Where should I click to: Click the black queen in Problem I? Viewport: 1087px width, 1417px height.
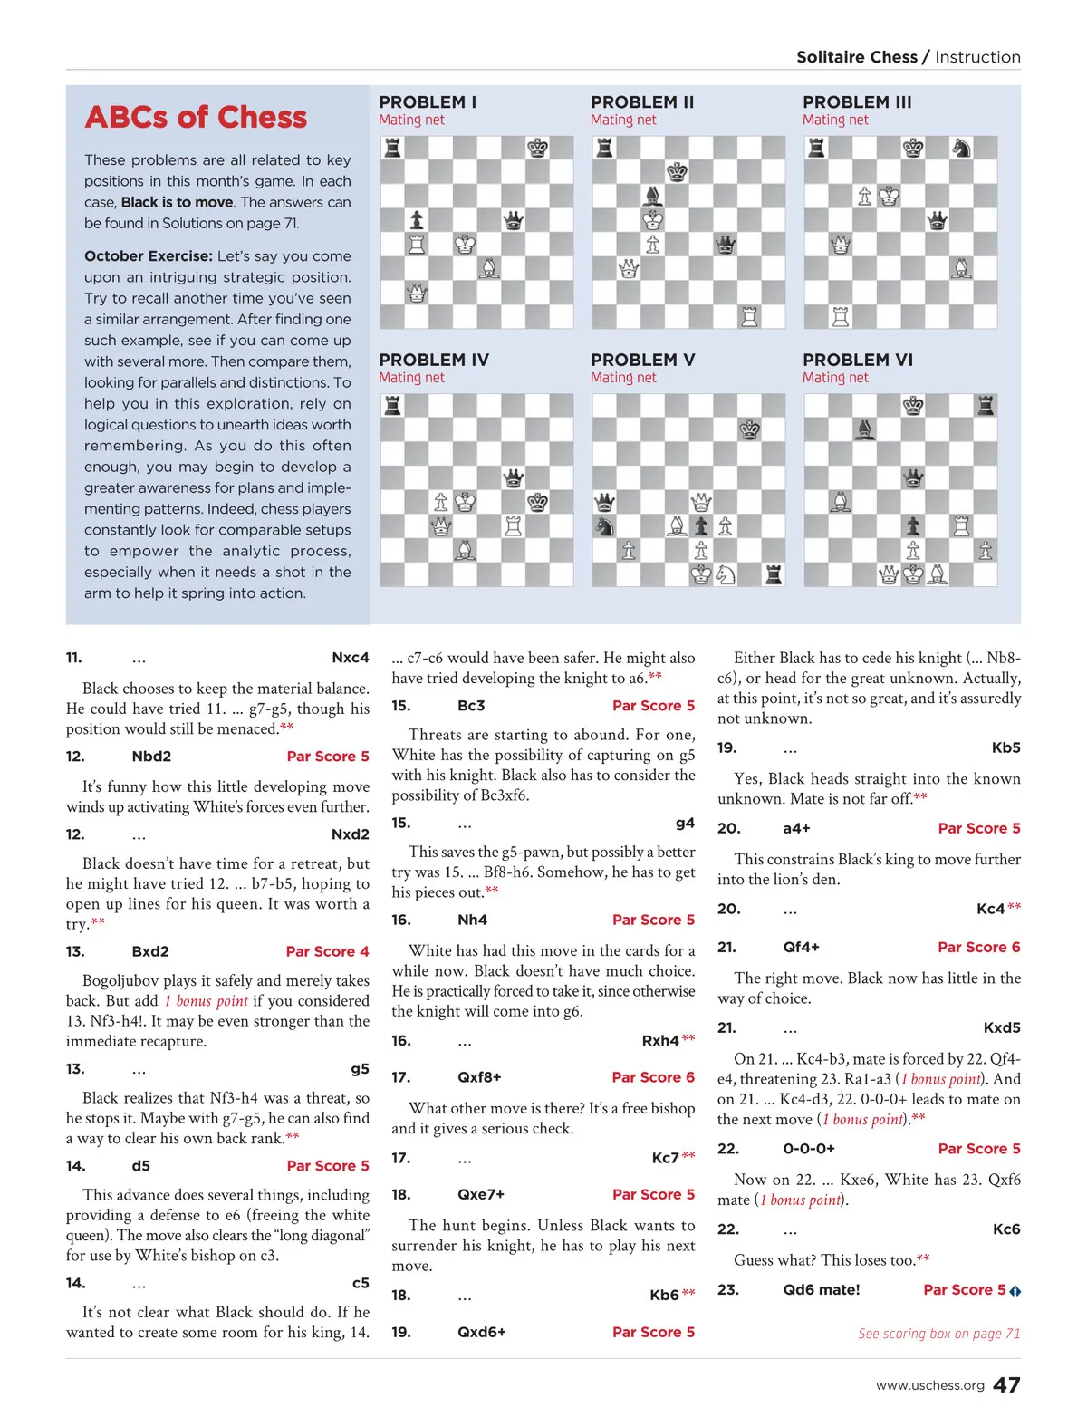click(514, 220)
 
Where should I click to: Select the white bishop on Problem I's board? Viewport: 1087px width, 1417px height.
click(489, 268)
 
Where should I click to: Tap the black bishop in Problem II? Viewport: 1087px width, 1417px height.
click(652, 196)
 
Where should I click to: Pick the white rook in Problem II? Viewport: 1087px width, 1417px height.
click(749, 316)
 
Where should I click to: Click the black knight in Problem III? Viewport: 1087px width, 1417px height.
click(961, 148)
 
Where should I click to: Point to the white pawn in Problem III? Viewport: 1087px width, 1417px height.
click(865, 196)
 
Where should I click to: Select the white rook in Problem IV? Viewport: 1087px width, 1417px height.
click(514, 525)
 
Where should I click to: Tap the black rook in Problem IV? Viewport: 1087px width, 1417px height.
click(392, 405)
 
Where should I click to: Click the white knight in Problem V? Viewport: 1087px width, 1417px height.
click(726, 574)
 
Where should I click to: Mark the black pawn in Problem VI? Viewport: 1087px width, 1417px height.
click(913, 525)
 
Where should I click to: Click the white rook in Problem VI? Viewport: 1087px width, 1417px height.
click(961, 525)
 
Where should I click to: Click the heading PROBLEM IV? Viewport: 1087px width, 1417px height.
click(434, 360)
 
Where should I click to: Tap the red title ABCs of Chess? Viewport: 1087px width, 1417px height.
click(196, 117)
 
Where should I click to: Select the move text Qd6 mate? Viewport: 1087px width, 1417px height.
click(822, 1289)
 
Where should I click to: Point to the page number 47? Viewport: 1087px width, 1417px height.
click(1006, 1385)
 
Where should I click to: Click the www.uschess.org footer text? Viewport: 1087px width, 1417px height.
click(929, 1386)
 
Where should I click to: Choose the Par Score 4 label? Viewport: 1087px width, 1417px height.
click(327, 951)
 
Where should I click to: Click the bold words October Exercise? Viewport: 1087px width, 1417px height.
click(149, 256)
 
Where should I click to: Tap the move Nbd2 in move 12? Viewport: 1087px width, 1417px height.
click(151, 757)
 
